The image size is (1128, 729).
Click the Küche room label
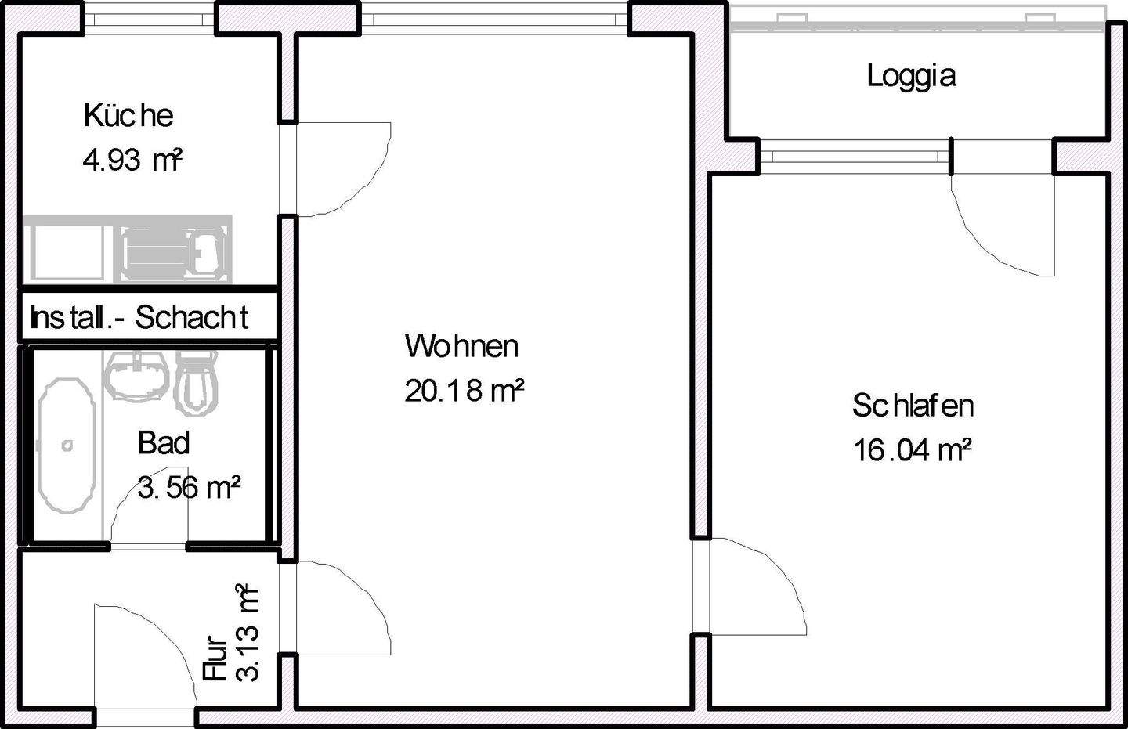[x=128, y=116]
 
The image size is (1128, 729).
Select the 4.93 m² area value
[x=132, y=161]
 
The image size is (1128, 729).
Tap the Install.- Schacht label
[x=139, y=318]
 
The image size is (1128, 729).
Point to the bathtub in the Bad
[x=67, y=445]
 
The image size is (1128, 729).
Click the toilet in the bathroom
[x=195, y=381]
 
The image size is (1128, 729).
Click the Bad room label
[x=164, y=443]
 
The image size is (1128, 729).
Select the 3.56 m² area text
[x=189, y=488]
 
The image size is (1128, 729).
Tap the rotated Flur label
[x=215, y=659]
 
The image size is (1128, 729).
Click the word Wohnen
[x=461, y=346]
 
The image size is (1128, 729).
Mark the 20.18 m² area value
[x=464, y=390]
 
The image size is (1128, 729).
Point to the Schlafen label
[x=913, y=406]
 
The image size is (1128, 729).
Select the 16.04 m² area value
[x=913, y=451]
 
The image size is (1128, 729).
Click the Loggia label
[x=911, y=76]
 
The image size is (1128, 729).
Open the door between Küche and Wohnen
[x=337, y=168]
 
